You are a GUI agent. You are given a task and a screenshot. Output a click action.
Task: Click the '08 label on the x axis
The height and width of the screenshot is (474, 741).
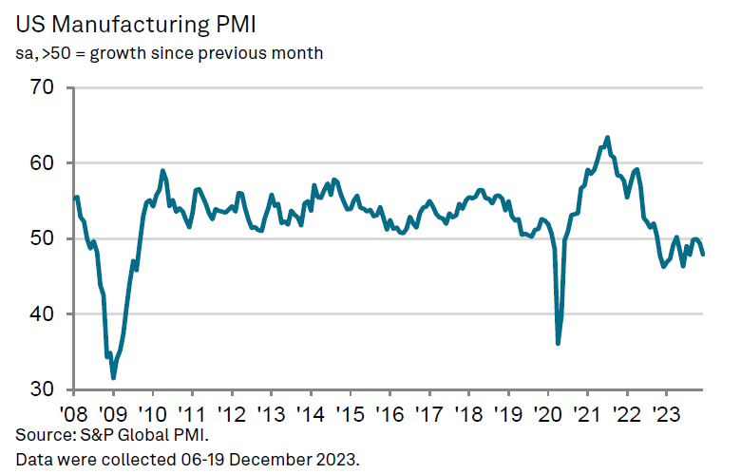click(x=73, y=414)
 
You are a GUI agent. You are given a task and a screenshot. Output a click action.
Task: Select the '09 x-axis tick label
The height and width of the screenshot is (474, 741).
click(x=112, y=414)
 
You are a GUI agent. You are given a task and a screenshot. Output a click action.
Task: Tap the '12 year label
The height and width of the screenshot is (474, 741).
click(x=231, y=414)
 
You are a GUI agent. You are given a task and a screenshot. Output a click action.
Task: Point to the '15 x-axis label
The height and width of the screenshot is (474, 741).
click(x=350, y=414)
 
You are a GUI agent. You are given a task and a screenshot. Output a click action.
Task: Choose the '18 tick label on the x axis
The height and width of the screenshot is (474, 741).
click(x=467, y=414)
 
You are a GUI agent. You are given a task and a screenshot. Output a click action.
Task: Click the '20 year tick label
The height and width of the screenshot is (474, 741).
click(x=547, y=414)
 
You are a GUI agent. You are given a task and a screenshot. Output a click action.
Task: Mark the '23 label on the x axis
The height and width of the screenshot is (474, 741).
click(x=665, y=414)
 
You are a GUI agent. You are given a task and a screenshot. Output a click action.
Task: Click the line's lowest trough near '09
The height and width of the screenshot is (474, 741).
click(x=114, y=378)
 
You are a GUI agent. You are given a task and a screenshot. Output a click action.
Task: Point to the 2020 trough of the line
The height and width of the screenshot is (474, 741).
click(x=558, y=343)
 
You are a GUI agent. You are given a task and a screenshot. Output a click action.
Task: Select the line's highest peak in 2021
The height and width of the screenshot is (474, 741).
click(x=608, y=138)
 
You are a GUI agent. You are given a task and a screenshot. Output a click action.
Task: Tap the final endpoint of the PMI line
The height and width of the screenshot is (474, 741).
click(x=703, y=255)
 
